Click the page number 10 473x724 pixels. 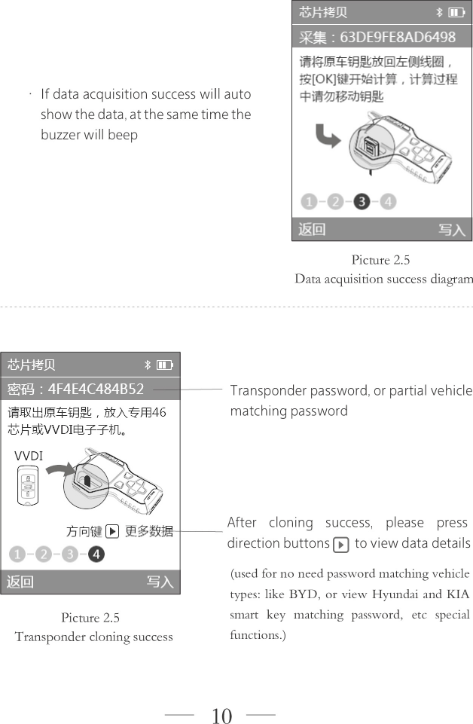(x=221, y=716)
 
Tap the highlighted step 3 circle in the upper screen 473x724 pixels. (x=362, y=201)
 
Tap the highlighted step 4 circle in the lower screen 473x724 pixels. (x=96, y=555)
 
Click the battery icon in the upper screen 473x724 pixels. (x=456, y=12)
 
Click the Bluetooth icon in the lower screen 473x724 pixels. (x=147, y=365)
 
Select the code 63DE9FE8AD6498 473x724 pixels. (x=398, y=37)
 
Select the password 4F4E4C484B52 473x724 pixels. (x=96, y=389)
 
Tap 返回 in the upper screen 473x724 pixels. (x=312, y=229)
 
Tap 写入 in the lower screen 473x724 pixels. (x=160, y=581)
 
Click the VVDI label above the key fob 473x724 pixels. (x=29, y=456)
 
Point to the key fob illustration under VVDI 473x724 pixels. (x=28, y=486)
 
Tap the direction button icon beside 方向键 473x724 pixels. (x=111, y=531)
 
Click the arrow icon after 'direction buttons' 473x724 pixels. (x=340, y=544)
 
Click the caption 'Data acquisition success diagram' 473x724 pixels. (x=383, y=279)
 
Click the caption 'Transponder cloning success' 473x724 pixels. (x=93, y=637)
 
